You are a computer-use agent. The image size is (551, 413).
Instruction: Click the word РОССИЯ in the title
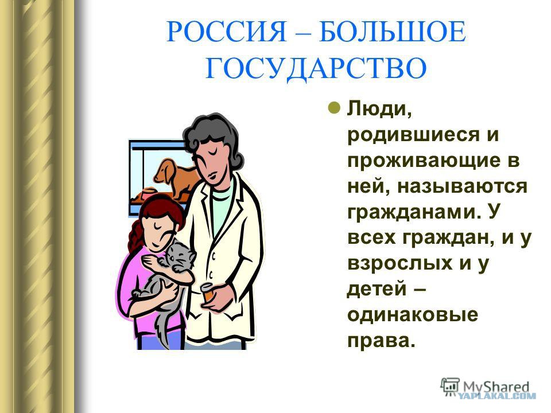227,32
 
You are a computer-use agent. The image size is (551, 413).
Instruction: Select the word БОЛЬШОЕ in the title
393,32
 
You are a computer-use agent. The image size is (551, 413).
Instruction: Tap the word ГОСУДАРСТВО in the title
316,68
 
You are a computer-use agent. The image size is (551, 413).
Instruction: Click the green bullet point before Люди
334,108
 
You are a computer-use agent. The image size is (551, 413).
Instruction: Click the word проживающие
423,162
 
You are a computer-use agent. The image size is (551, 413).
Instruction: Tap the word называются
462,186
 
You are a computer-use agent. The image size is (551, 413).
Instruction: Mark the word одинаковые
413,315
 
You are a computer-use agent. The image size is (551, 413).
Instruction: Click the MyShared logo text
496,387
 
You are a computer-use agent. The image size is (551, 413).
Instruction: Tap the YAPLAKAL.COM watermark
498,396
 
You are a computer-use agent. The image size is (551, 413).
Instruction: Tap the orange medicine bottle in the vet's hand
207,293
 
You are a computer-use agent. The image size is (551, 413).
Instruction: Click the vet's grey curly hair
214,135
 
